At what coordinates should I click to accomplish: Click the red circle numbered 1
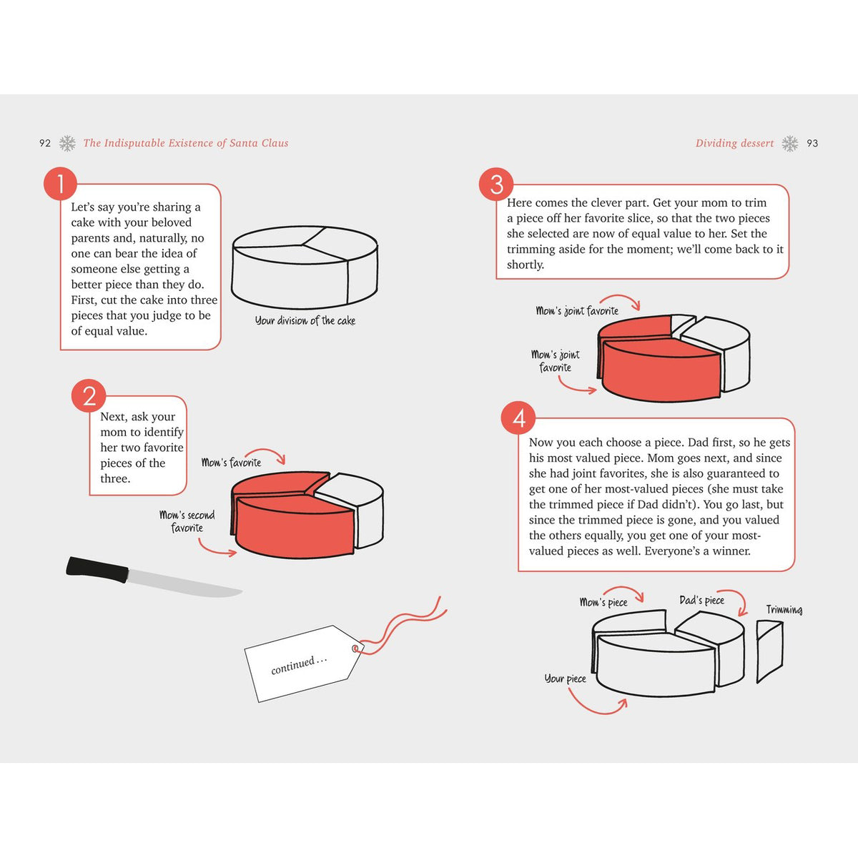pyautogui.click(x=61, y=184)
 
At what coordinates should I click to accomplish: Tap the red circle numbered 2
pyautogui.click(x=89, y=395)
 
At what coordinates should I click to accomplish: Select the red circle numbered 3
pyautogui.click(x=496, y=184)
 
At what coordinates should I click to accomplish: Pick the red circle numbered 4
pyautogui.click(x=518, y=418)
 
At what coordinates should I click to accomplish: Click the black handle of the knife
pyautogui.click(x=97, y=569)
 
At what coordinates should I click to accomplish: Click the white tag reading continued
pyautogui.click(x=300, y=664)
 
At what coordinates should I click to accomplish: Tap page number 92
pyautogui.click(x=45, y=143)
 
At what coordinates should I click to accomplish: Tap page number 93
pyautogui.click(x=812, y=143)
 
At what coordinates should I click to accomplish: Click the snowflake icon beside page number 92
pyautogui.click(x=67, y=143)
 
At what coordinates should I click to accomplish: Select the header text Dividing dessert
pyautogui.click(x=734, y=143)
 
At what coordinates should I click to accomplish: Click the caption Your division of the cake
pyautogui.click(x=305, y=321)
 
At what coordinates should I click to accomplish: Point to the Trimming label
pyautogui.click(x=784, y=610)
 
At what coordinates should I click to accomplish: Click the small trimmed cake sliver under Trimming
pyautogui.click(x=769, y=651)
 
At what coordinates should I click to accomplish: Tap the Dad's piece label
pyautogui.click(x=701, y=601)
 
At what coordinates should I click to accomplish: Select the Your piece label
pyautogui.click(x=565, y=679)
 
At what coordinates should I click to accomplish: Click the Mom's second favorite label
pyautogui.click(x=187, y=521)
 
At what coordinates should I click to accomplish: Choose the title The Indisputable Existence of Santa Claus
pyautogui.click(x=186, y=143)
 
